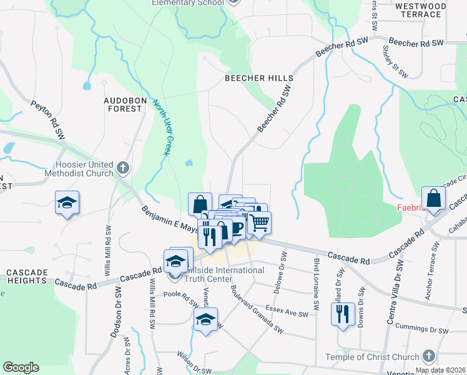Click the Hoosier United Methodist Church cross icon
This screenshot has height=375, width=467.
click(123, 168)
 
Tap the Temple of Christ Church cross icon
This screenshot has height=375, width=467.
click(428, 357)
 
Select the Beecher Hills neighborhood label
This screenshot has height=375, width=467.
click(259, 78)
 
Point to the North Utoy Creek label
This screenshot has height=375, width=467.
click(162, 129)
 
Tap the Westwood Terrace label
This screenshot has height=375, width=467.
click(421, 10)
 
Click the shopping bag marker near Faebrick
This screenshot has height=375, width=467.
click(433, 198)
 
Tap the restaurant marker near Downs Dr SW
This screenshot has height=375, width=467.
click(343, 313)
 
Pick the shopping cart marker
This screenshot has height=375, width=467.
click(260, 222)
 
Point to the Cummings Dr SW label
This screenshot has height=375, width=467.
click(421, 329)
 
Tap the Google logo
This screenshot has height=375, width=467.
click(21, 367)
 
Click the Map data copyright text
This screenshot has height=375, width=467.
click(441, 371)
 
